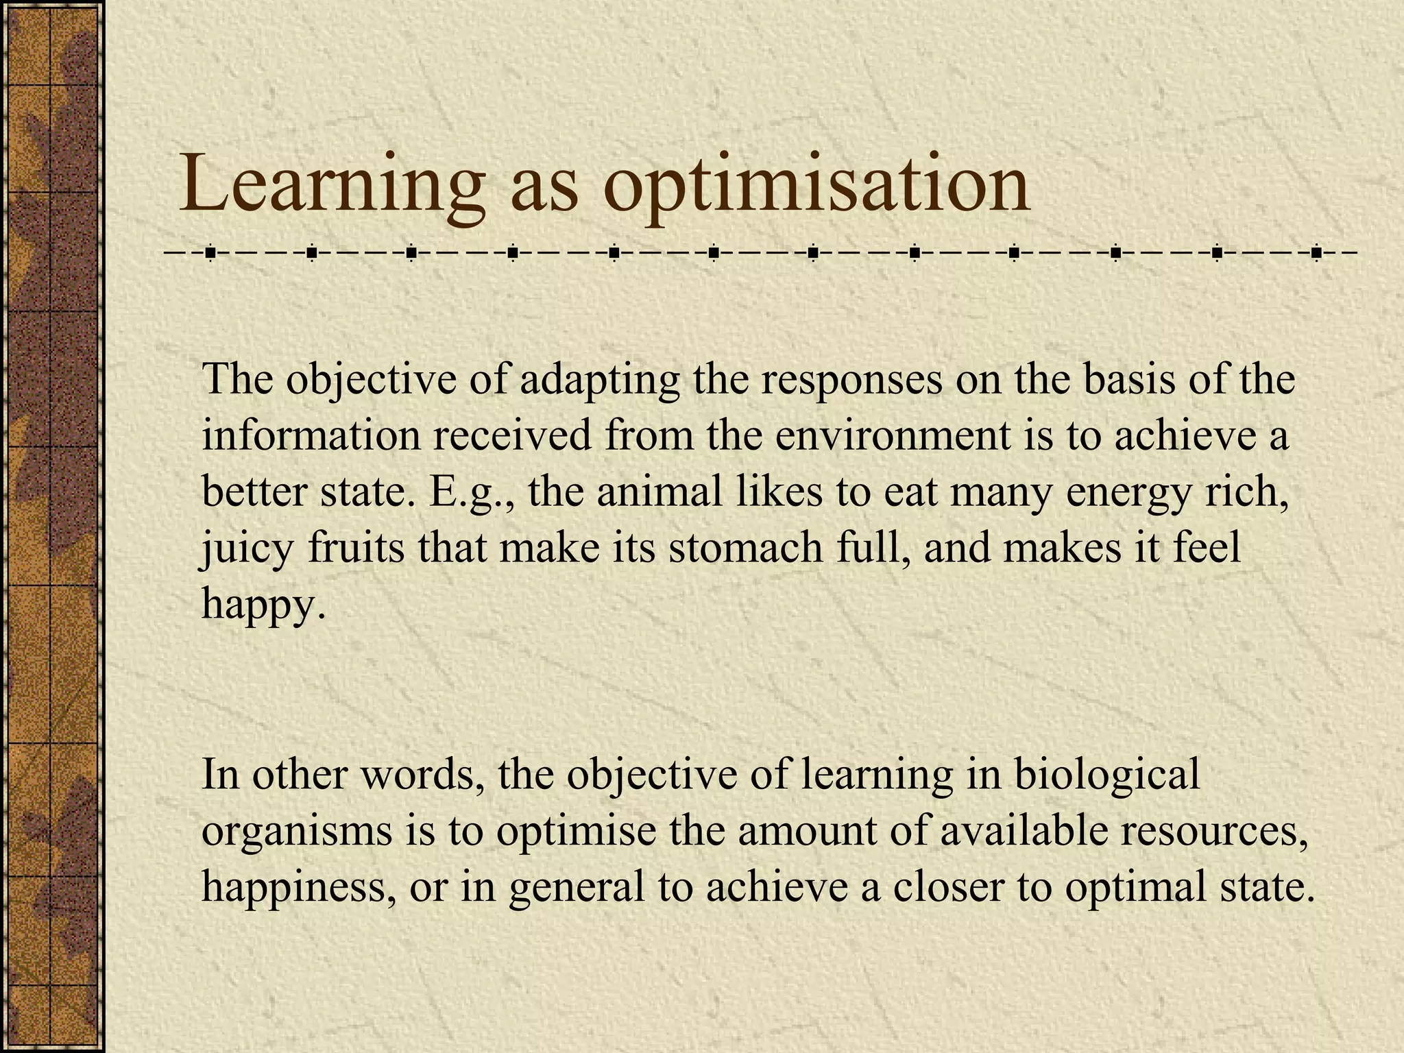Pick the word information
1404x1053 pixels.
pos(311,435)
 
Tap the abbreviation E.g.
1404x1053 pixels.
pos(472,492)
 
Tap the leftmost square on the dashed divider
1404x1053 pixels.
pos(210,254)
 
